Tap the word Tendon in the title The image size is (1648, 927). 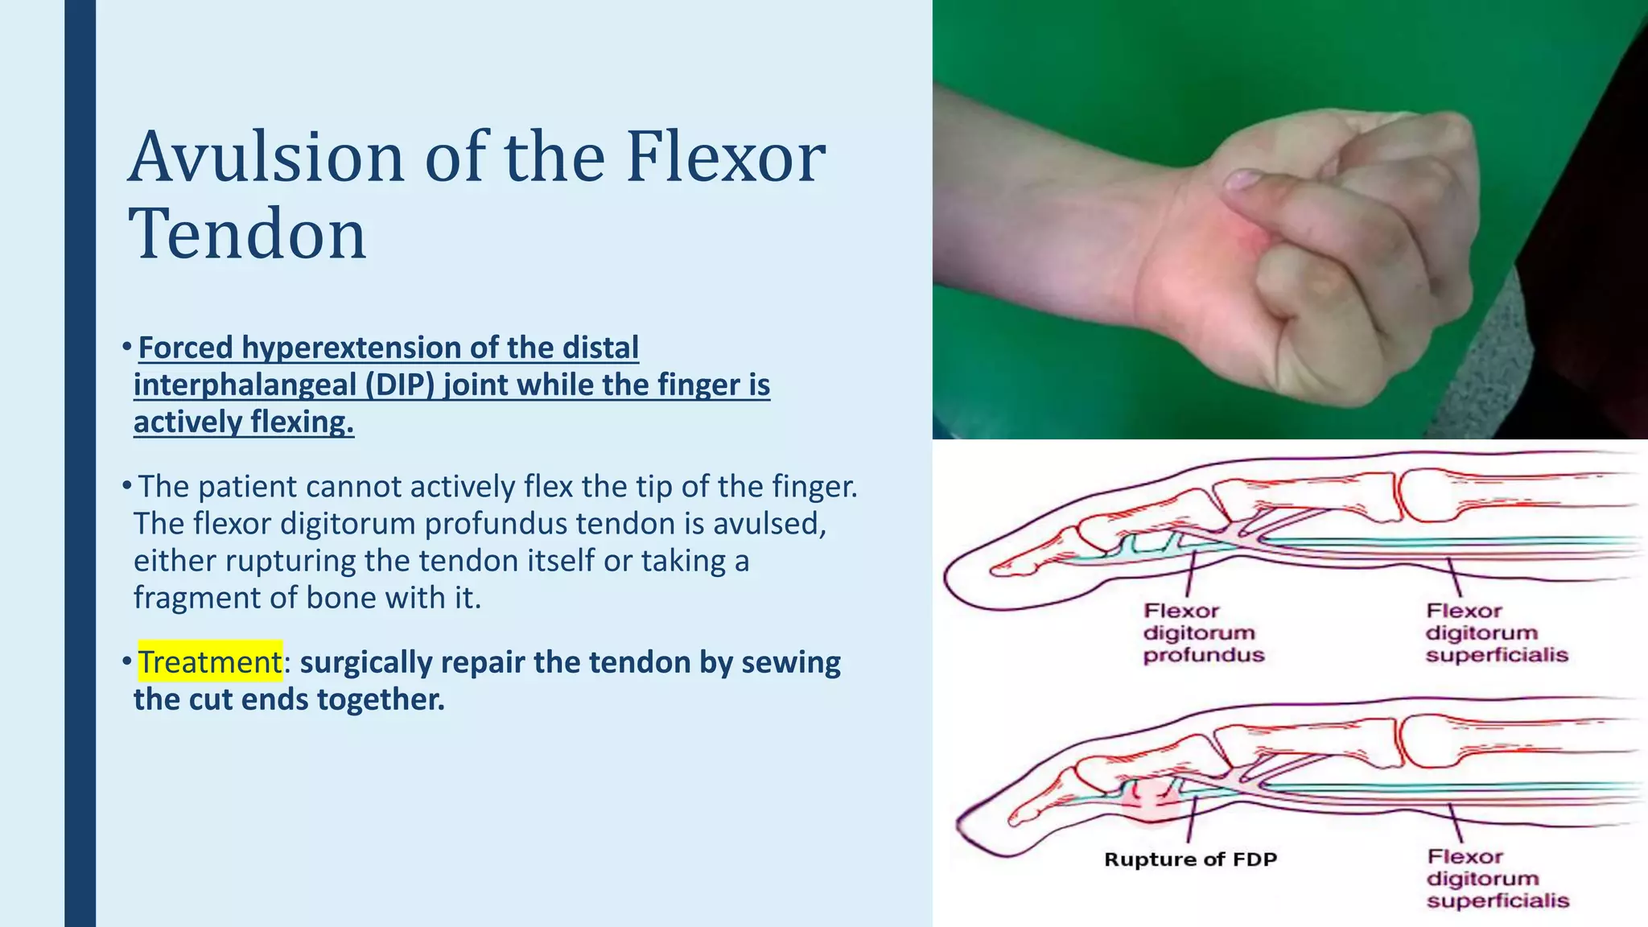pos(247,233)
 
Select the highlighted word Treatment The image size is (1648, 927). pos(210,661)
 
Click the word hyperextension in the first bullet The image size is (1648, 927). pos(352,348)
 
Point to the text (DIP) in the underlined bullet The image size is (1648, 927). pos(399,385)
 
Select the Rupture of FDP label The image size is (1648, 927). pos(1190,859)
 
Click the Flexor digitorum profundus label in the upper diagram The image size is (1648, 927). pos(1203,632)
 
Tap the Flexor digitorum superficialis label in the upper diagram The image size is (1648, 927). pos(1497,632)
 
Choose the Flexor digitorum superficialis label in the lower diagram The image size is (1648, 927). pos(1498,879)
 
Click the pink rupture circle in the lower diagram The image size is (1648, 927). pos(1152,798)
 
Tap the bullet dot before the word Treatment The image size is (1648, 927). pos(126,661)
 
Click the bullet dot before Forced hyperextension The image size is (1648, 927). pos(126,347)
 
